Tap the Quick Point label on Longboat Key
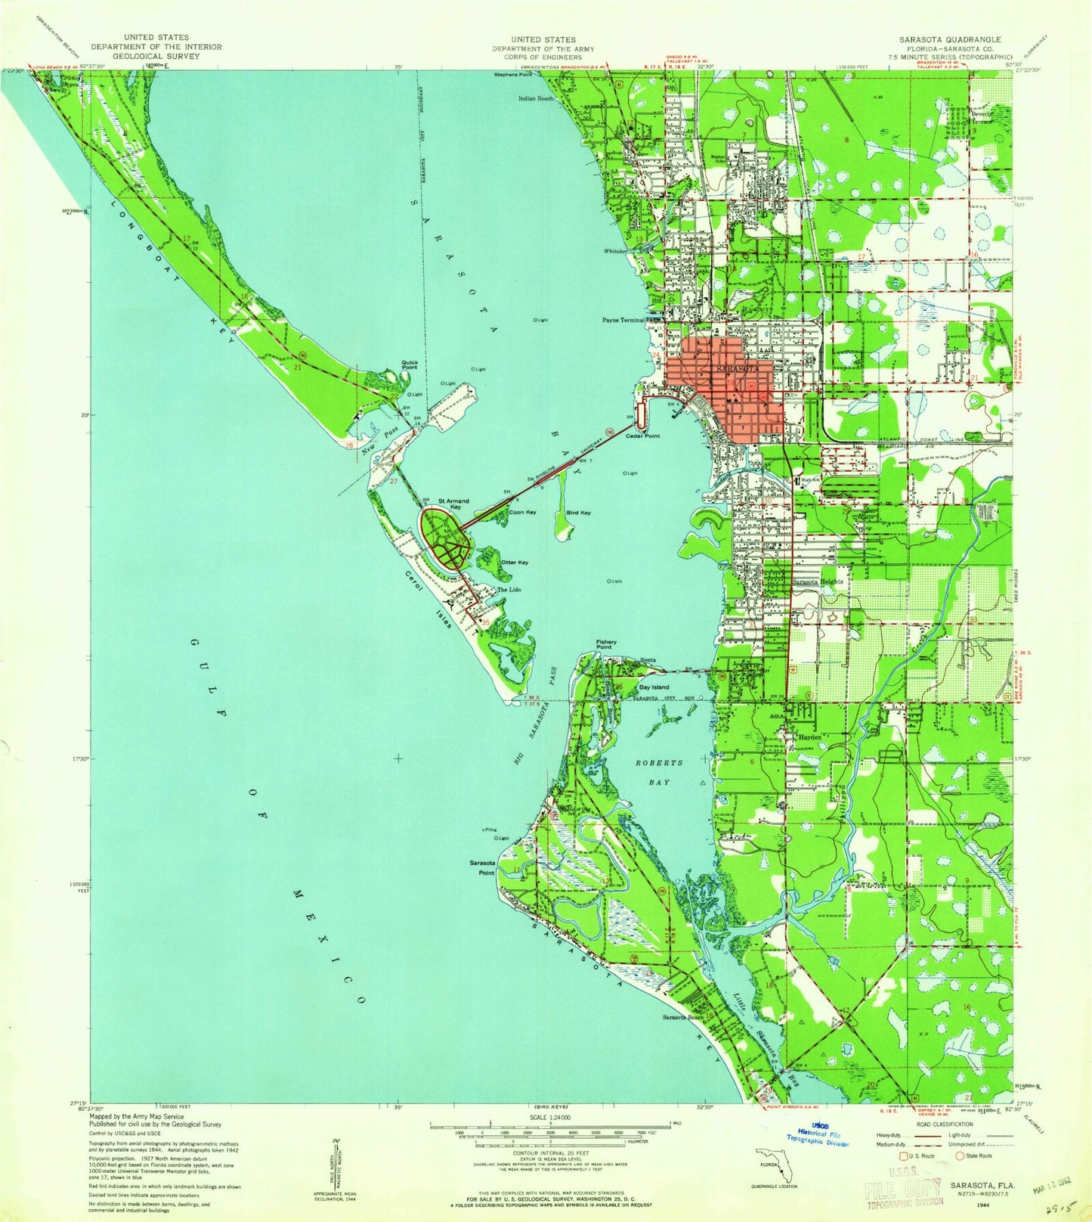pos(410,365)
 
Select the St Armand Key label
pos(453,504)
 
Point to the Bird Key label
pos(578,513)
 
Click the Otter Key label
pos(513,563)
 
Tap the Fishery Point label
pos(605,645)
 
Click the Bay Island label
pos(654,687)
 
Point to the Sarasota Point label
pos(482,867)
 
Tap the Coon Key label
pos(522,513)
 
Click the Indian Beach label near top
pos(536,98)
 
